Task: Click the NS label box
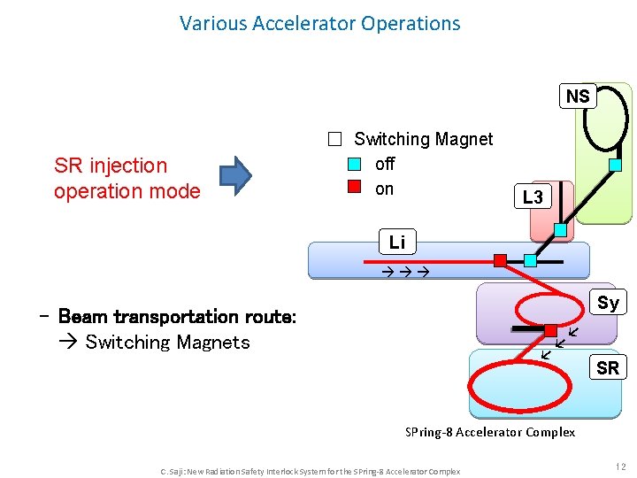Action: point(578,96)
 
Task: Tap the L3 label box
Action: point(533,197)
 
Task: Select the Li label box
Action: point(397,242)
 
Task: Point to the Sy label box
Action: point(608,303)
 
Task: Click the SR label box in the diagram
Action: point(608,367)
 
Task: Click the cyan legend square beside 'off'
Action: point(354,164)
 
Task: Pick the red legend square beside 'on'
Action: point(354,188)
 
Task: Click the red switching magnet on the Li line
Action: point(500,260)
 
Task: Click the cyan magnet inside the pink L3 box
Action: point(560,229)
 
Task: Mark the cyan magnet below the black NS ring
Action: point(616,165)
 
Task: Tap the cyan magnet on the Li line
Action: point(530,260)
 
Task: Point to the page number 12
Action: point(620,466)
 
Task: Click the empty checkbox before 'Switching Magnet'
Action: point(334,139)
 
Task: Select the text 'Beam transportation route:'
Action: point(177,316)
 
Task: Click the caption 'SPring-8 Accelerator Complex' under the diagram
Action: point(490,432)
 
